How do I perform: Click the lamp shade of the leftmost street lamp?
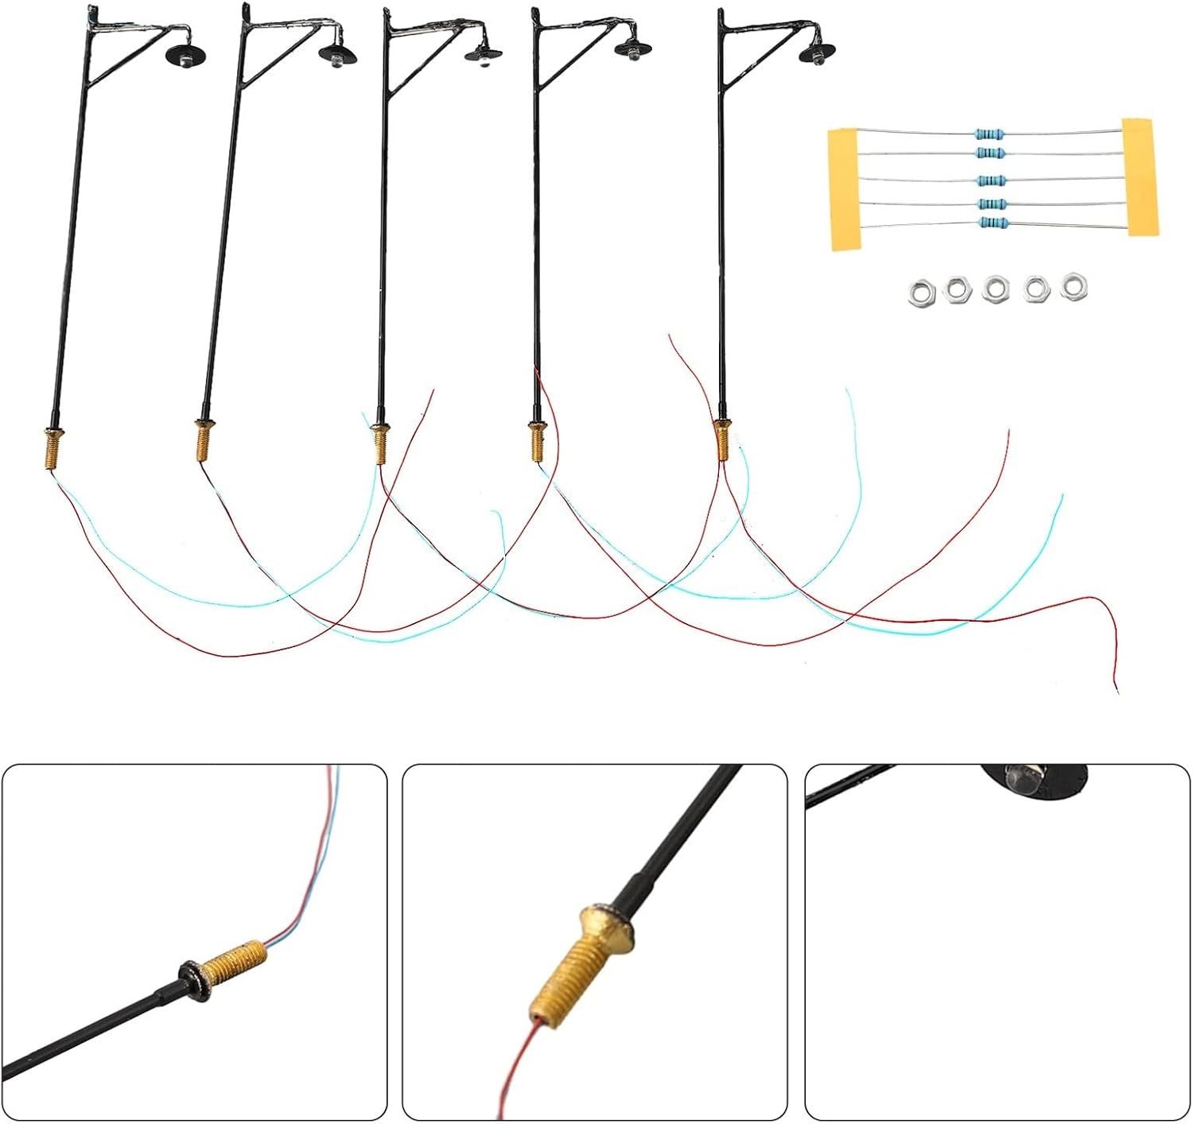pos(185,56)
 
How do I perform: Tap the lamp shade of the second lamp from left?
pos(337,54)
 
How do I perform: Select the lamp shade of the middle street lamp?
pos(484,55)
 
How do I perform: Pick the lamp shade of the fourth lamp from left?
pos(634,49)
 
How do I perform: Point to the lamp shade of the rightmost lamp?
pos(815,54)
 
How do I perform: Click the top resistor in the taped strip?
pos(989,134)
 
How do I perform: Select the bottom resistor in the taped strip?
pos(992,224)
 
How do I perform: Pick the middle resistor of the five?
pos(991,180)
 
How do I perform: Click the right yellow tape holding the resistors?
pos(1141,176)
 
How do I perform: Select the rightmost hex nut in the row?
pos(1074,285)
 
